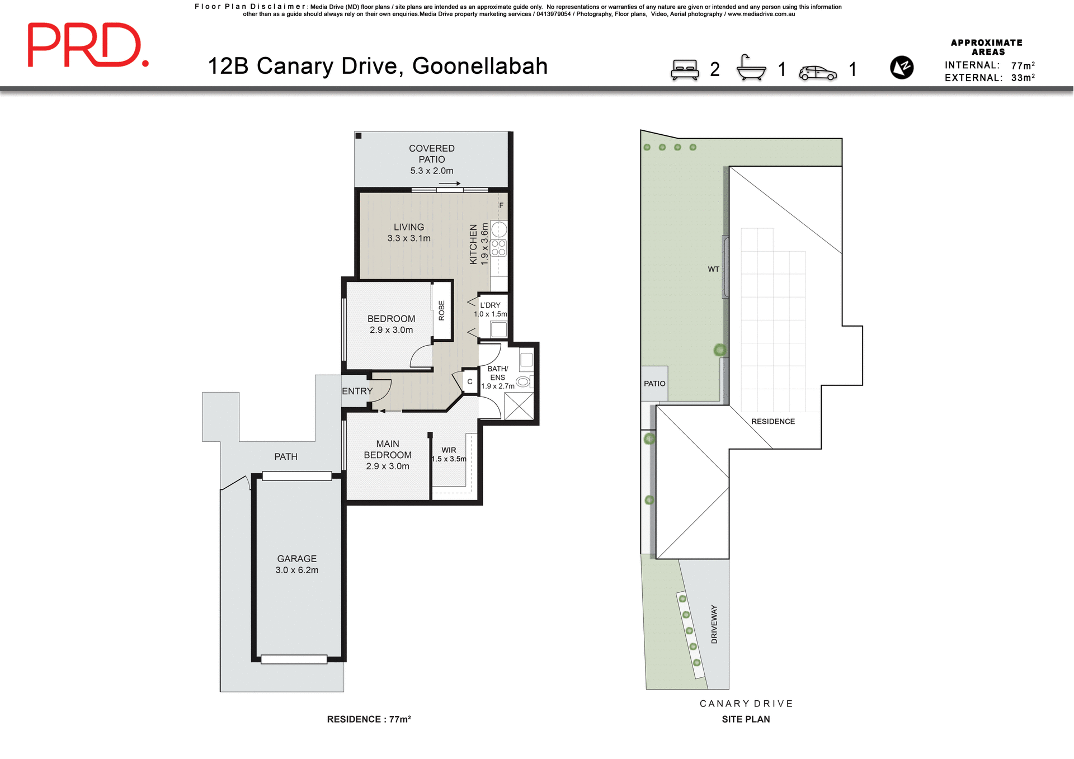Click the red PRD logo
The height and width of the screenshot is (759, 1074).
[x=88, y=45]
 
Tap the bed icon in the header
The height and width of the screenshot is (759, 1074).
[x=685, y=70]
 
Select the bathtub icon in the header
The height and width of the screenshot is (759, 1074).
[x=751, y=68]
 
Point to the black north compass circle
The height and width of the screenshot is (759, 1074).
[x=901, y=68]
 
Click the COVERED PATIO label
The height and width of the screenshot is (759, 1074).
[x=431, y=159]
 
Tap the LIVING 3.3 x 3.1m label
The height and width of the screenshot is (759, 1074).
[x=409, y=232]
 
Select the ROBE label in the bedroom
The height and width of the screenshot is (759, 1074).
[x=441, y=310]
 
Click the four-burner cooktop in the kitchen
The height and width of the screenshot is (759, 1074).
[x=498, y=248]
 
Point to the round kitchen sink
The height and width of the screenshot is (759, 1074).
[x=499, y=229]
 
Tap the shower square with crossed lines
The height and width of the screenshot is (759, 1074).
[x=519, y=406]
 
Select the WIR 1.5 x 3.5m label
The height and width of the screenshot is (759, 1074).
[x=449, y=454]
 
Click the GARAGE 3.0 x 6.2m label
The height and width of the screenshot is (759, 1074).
[x=296, y=564]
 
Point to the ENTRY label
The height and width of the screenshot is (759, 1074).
[x=357, y=391]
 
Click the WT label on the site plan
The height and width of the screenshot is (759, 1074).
[x=713, y=269]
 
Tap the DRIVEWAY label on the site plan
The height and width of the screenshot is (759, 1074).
[x=714, y=624]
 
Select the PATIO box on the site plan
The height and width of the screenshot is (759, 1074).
[x=654, y=383]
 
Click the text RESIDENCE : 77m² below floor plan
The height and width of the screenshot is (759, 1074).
[x=369, y=719]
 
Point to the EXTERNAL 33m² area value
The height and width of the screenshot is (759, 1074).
[x=1023, y=78]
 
